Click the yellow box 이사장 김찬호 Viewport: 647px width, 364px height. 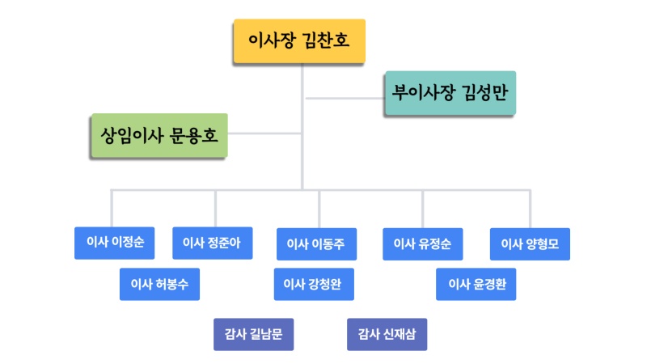(x=299, y=41)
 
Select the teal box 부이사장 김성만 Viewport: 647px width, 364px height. (x=449, y=92)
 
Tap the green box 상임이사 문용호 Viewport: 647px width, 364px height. (x=159, y=134)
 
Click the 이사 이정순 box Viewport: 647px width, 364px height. (x=114, y=243)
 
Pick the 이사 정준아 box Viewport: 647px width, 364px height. (x=213, y=243)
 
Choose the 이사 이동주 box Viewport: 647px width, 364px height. (x=316, y=243)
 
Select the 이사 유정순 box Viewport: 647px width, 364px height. (x=422, y=243)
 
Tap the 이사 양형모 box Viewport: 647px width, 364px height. (x=530, y=243)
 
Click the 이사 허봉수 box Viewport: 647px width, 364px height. (x=159, y=284)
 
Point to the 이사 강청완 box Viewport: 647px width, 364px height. (x=314, y=284)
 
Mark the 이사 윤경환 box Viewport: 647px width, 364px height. (x=476, y=284)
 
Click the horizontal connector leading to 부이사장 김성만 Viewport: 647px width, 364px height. (x=343, y=99)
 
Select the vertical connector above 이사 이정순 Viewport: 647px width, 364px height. (x=112, y=208)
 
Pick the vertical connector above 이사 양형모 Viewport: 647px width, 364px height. (x=531, y=208)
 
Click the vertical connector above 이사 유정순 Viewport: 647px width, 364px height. (x=422, y=208)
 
